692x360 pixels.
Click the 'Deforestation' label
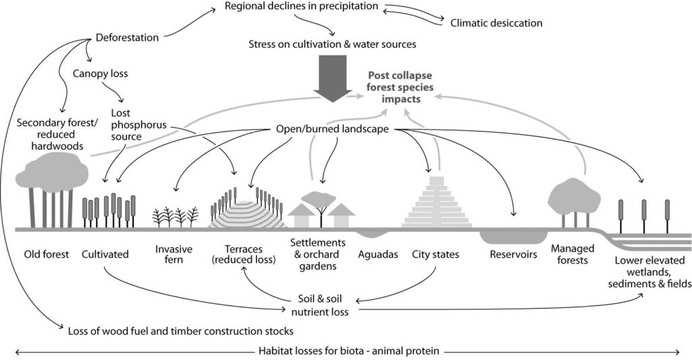[127, 38]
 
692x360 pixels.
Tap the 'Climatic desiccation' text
[496, 23]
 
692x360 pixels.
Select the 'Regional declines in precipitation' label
[301, 6]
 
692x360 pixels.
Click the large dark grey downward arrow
[332, 77]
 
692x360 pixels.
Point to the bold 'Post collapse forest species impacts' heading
[401, 87]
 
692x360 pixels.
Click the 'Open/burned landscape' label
[332, 129]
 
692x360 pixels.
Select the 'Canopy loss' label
[100, 73]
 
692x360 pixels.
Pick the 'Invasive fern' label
[174, 255]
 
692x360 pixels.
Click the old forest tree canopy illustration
[51, 172]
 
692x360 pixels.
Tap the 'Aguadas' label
[378, 255]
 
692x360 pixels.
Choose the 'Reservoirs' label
[514, 255]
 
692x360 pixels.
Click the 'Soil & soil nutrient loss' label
[320, 305]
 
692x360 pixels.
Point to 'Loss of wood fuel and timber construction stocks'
[180, 331]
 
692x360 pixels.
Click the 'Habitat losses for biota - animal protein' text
[349, 351]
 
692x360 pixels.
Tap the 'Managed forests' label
[572, 254]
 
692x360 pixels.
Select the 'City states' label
[436, 255]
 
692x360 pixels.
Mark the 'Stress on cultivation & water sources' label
[332, 44]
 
